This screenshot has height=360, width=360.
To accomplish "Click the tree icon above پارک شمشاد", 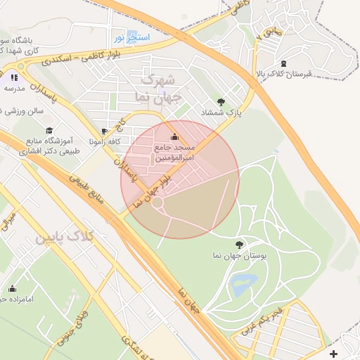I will (221, 102).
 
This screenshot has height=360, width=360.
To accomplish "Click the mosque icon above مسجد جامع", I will (174, 136).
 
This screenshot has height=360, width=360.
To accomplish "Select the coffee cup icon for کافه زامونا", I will (105, 131).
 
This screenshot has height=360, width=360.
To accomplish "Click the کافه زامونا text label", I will (105, 141).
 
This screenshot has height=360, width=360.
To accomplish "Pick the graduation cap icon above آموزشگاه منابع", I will (49, 130).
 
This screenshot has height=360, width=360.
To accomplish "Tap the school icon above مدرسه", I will (14, 77).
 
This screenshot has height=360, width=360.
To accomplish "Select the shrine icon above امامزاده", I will (12, 288).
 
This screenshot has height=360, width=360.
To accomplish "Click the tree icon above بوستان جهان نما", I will (240, 245).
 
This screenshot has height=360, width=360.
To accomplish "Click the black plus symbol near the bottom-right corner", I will (333, 354).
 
